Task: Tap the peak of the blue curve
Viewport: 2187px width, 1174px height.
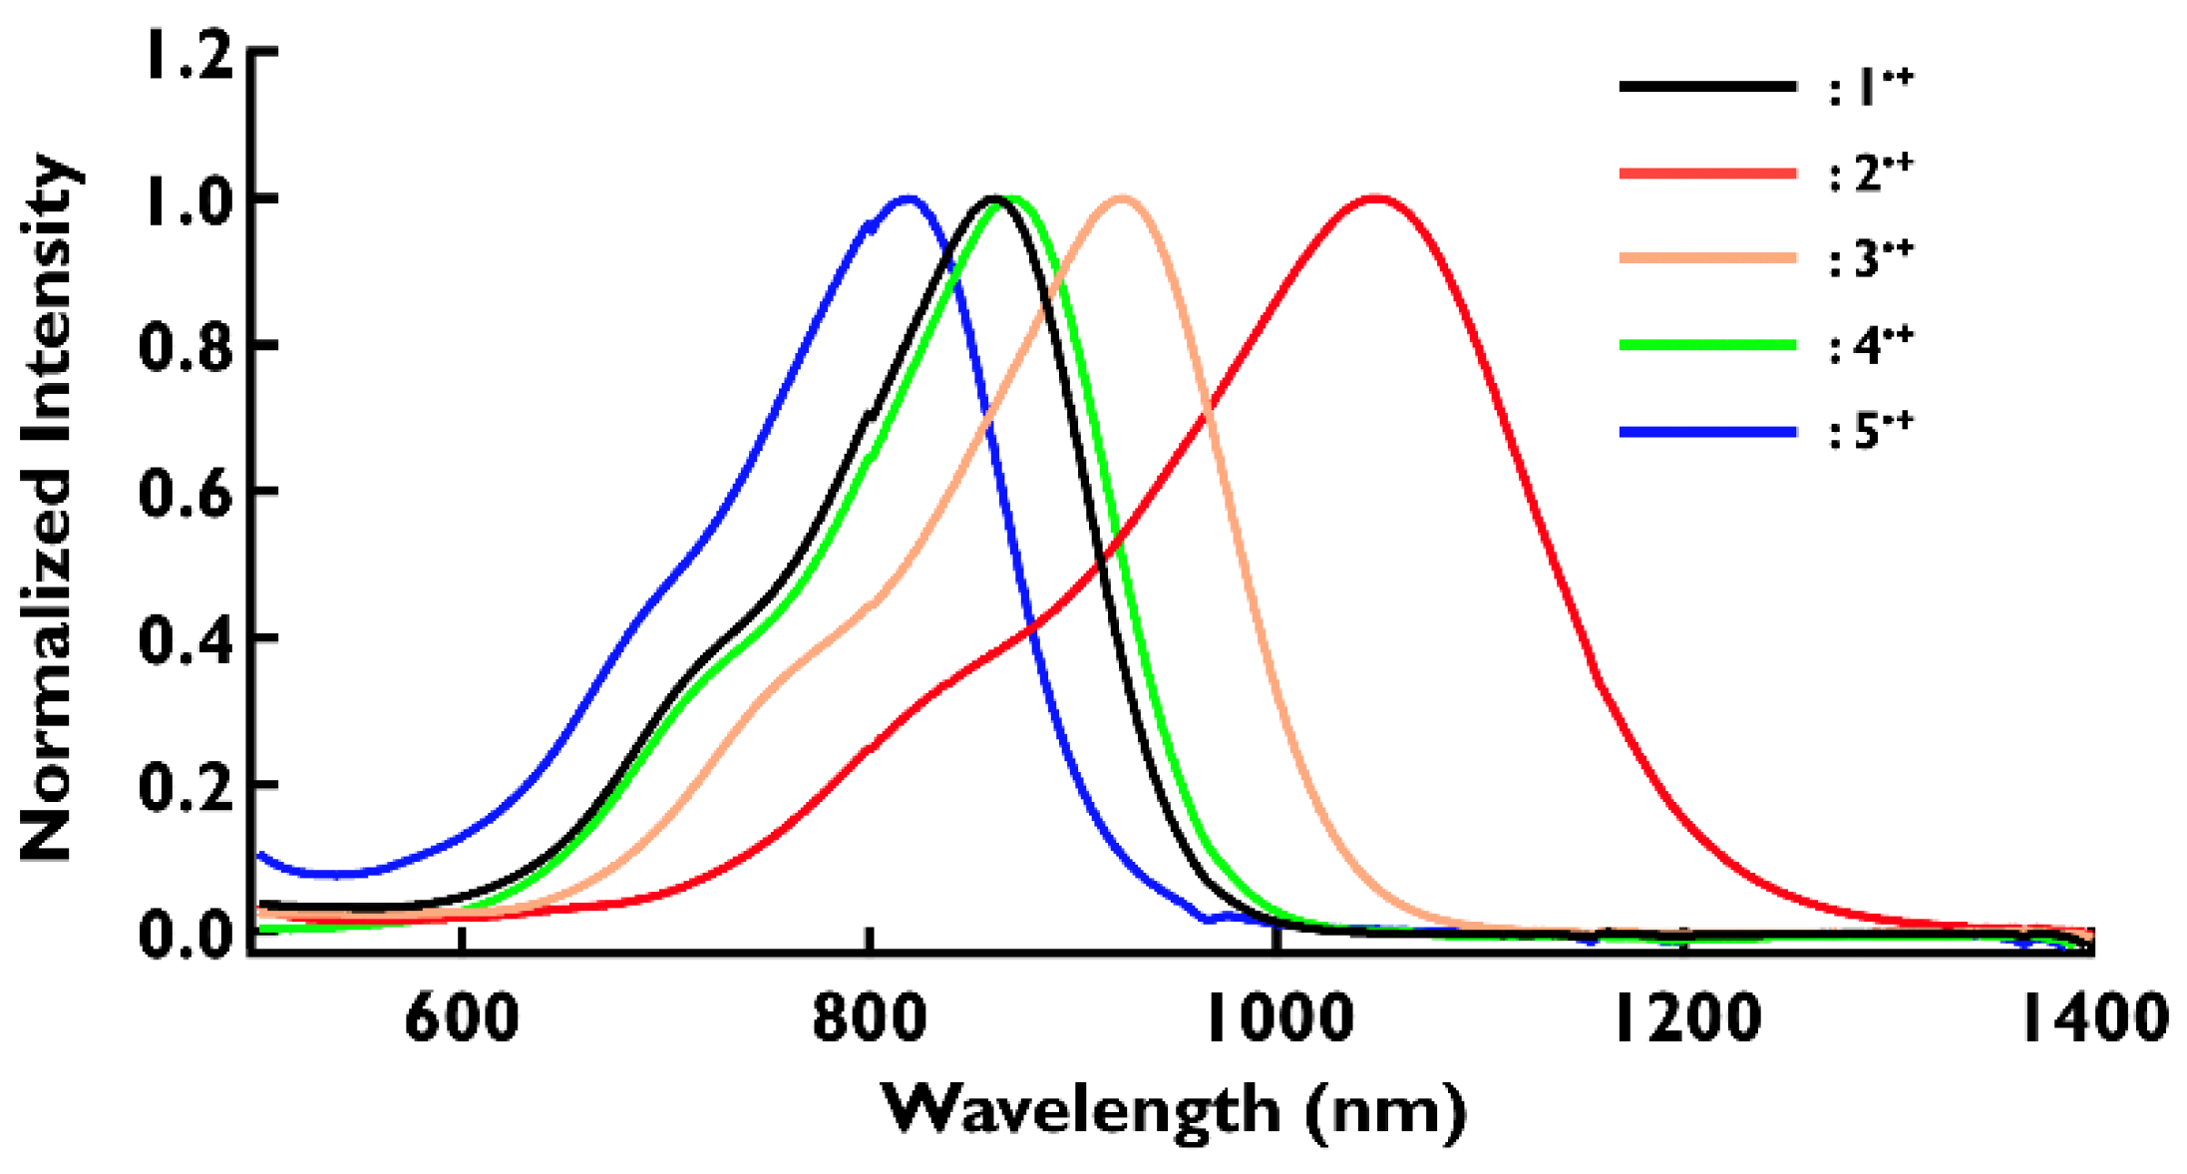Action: (909, 197)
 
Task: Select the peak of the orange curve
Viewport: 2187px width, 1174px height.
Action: (1122, 197)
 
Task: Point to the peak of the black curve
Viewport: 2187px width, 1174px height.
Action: (992, 197)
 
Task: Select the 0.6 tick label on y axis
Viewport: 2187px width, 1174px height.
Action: (185, 493)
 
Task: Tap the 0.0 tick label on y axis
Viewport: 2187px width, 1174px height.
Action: (185, 936)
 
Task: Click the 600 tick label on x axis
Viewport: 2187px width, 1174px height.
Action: (462, 1019)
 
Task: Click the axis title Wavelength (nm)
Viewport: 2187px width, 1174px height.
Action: (1174, 1109)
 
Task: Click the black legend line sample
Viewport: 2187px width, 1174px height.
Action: (1707, 87)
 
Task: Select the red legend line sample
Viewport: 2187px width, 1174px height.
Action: (1707, 174)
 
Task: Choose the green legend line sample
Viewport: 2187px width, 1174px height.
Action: (1707, 345)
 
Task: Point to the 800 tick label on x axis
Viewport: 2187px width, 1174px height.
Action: (870, 1019)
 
